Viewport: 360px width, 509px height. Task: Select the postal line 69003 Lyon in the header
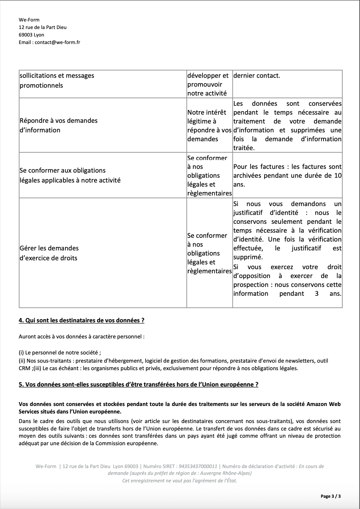point(31,35)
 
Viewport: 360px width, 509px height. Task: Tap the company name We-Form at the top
point(29,20)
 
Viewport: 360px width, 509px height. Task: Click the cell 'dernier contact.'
point(257,76)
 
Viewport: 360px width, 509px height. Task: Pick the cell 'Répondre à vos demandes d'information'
point(59,125)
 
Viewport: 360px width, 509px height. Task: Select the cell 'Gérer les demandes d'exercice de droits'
point(49,253)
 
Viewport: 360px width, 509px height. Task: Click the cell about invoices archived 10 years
point(287,175)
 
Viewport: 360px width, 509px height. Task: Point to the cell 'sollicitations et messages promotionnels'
point(57,81)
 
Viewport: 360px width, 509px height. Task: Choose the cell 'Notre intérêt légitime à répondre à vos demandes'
point(209,126)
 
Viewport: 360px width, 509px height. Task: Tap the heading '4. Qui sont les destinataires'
point(81,320)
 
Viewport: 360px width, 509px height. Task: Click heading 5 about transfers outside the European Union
point(138,384)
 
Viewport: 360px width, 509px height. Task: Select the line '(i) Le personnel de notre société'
point(60,352)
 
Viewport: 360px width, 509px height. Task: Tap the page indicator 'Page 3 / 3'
point(330,496)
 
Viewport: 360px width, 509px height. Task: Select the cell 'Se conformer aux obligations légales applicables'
point(70,175)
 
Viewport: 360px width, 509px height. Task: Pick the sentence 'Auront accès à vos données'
point(81,336)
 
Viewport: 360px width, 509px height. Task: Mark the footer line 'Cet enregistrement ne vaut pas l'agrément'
point(180,480)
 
